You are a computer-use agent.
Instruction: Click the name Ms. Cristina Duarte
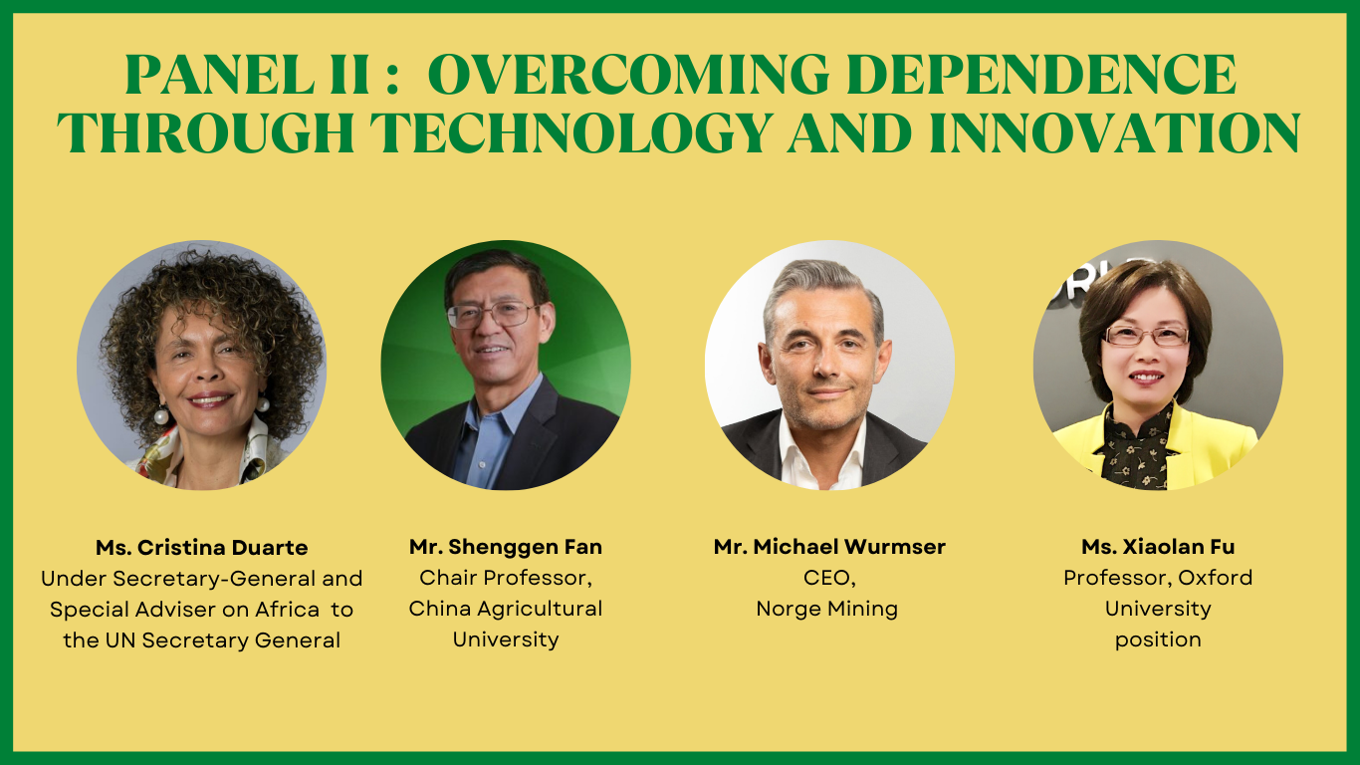pyautogui.click(x=201, y=548)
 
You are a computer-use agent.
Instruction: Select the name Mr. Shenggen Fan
pyautogui.click(x=506, y=547)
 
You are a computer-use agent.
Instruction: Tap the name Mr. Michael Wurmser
pyautogui.click(x=829, y=547)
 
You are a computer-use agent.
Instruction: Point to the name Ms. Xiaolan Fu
pyautogui.click(x=1158, y=547)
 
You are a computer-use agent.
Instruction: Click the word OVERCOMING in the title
pyautogui.click(x=632, y=75)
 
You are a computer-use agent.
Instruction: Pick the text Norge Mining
pyautogui.click(x=827, y=609)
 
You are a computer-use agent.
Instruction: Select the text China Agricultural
pyautogui.click(x=506, y=609)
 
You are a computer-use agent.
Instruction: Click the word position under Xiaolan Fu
pyautogui.click(x=1158, y=639)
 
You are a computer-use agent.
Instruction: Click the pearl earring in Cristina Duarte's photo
pyautogui.click(x=161, y=416)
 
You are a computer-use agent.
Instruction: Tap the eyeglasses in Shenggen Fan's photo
pyautogui.click(x=493, y=315)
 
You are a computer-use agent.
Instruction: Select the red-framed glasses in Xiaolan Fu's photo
pyautogui.click(x=1146, y=336)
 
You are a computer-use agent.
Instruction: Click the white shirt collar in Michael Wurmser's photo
pyautogui.click(x=824, y=452)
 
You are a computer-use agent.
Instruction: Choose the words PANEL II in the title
pyautogui.click(x=248, y=75)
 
